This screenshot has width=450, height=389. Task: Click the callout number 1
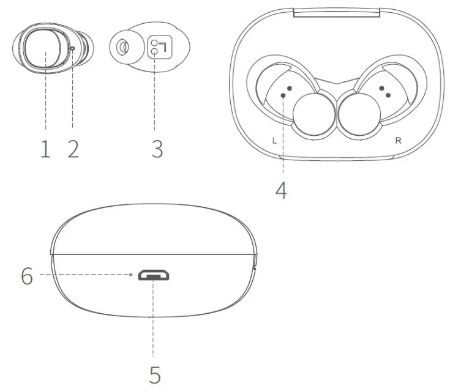click(x=45, y=149)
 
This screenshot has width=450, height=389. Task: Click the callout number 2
click(x=73, y=149)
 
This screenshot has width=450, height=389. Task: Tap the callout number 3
click(x=157, y=149)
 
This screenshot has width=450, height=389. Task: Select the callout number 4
click(x=281, y=190)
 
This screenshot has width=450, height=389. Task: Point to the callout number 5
click(x=155, y=374)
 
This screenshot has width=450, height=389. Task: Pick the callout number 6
click(x=26, y=276)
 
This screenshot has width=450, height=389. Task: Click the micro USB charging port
click(x=154, y=276)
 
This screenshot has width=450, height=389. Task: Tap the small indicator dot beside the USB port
click(x=131, y=275)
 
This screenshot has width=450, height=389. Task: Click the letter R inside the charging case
click(x=398, y=140)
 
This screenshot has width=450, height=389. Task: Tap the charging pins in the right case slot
click(x=385, y=91)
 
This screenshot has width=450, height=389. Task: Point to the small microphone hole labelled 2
click(x=73, y=48)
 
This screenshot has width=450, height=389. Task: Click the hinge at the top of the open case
click(x=336, y=10)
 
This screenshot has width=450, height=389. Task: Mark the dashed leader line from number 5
click(x=153, y=318)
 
